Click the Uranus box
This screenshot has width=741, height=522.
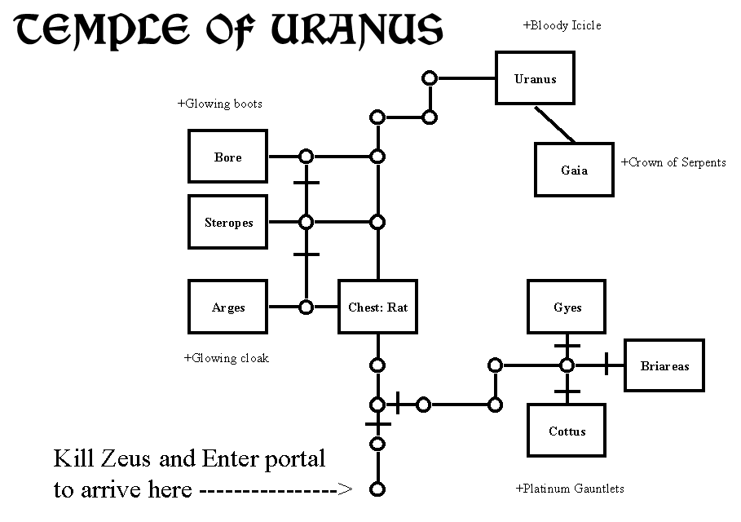tap(535, 78)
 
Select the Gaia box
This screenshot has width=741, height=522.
tap(574, 170)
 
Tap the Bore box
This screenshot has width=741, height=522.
tap(227, 156)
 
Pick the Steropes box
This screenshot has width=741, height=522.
tap(227, 222)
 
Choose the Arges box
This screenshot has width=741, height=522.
tap(227, 307)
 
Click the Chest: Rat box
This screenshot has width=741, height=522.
tap(377, 307)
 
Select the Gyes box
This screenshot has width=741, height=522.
tap(567, 307)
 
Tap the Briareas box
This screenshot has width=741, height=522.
tap(664, 365)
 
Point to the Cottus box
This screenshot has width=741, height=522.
tap(567, 431)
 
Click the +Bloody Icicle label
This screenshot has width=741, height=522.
tap(562, 25)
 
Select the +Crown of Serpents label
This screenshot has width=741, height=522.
tap(673, 162)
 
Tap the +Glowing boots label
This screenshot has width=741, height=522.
tap(220, 104)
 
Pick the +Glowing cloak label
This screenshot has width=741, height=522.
tap(227, 358)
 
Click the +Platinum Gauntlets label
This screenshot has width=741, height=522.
tap(570, 489)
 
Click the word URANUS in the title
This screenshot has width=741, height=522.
tap(357, 29)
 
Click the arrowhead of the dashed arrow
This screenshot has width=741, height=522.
tap(346, 489)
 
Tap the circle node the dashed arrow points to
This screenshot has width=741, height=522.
tap(377, 489)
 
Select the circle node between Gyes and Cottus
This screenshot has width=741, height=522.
tap(567, 365)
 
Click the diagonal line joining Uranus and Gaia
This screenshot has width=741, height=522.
tap(555, 124)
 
